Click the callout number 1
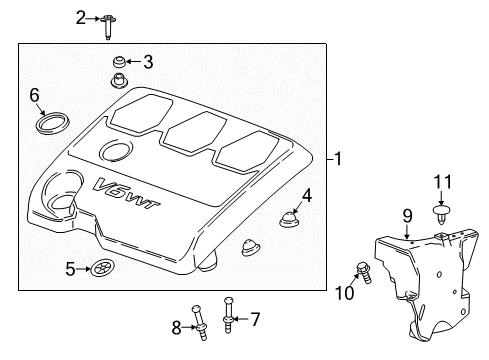[339, 158]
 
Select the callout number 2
[81, 18]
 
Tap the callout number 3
[147, 62]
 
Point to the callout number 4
[308, 196]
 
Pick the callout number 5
[71, 268]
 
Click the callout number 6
[34, 95]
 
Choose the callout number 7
[254, 320]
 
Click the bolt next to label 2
[106, 23]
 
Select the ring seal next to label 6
[47, 123]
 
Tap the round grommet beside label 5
[101, 268]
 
